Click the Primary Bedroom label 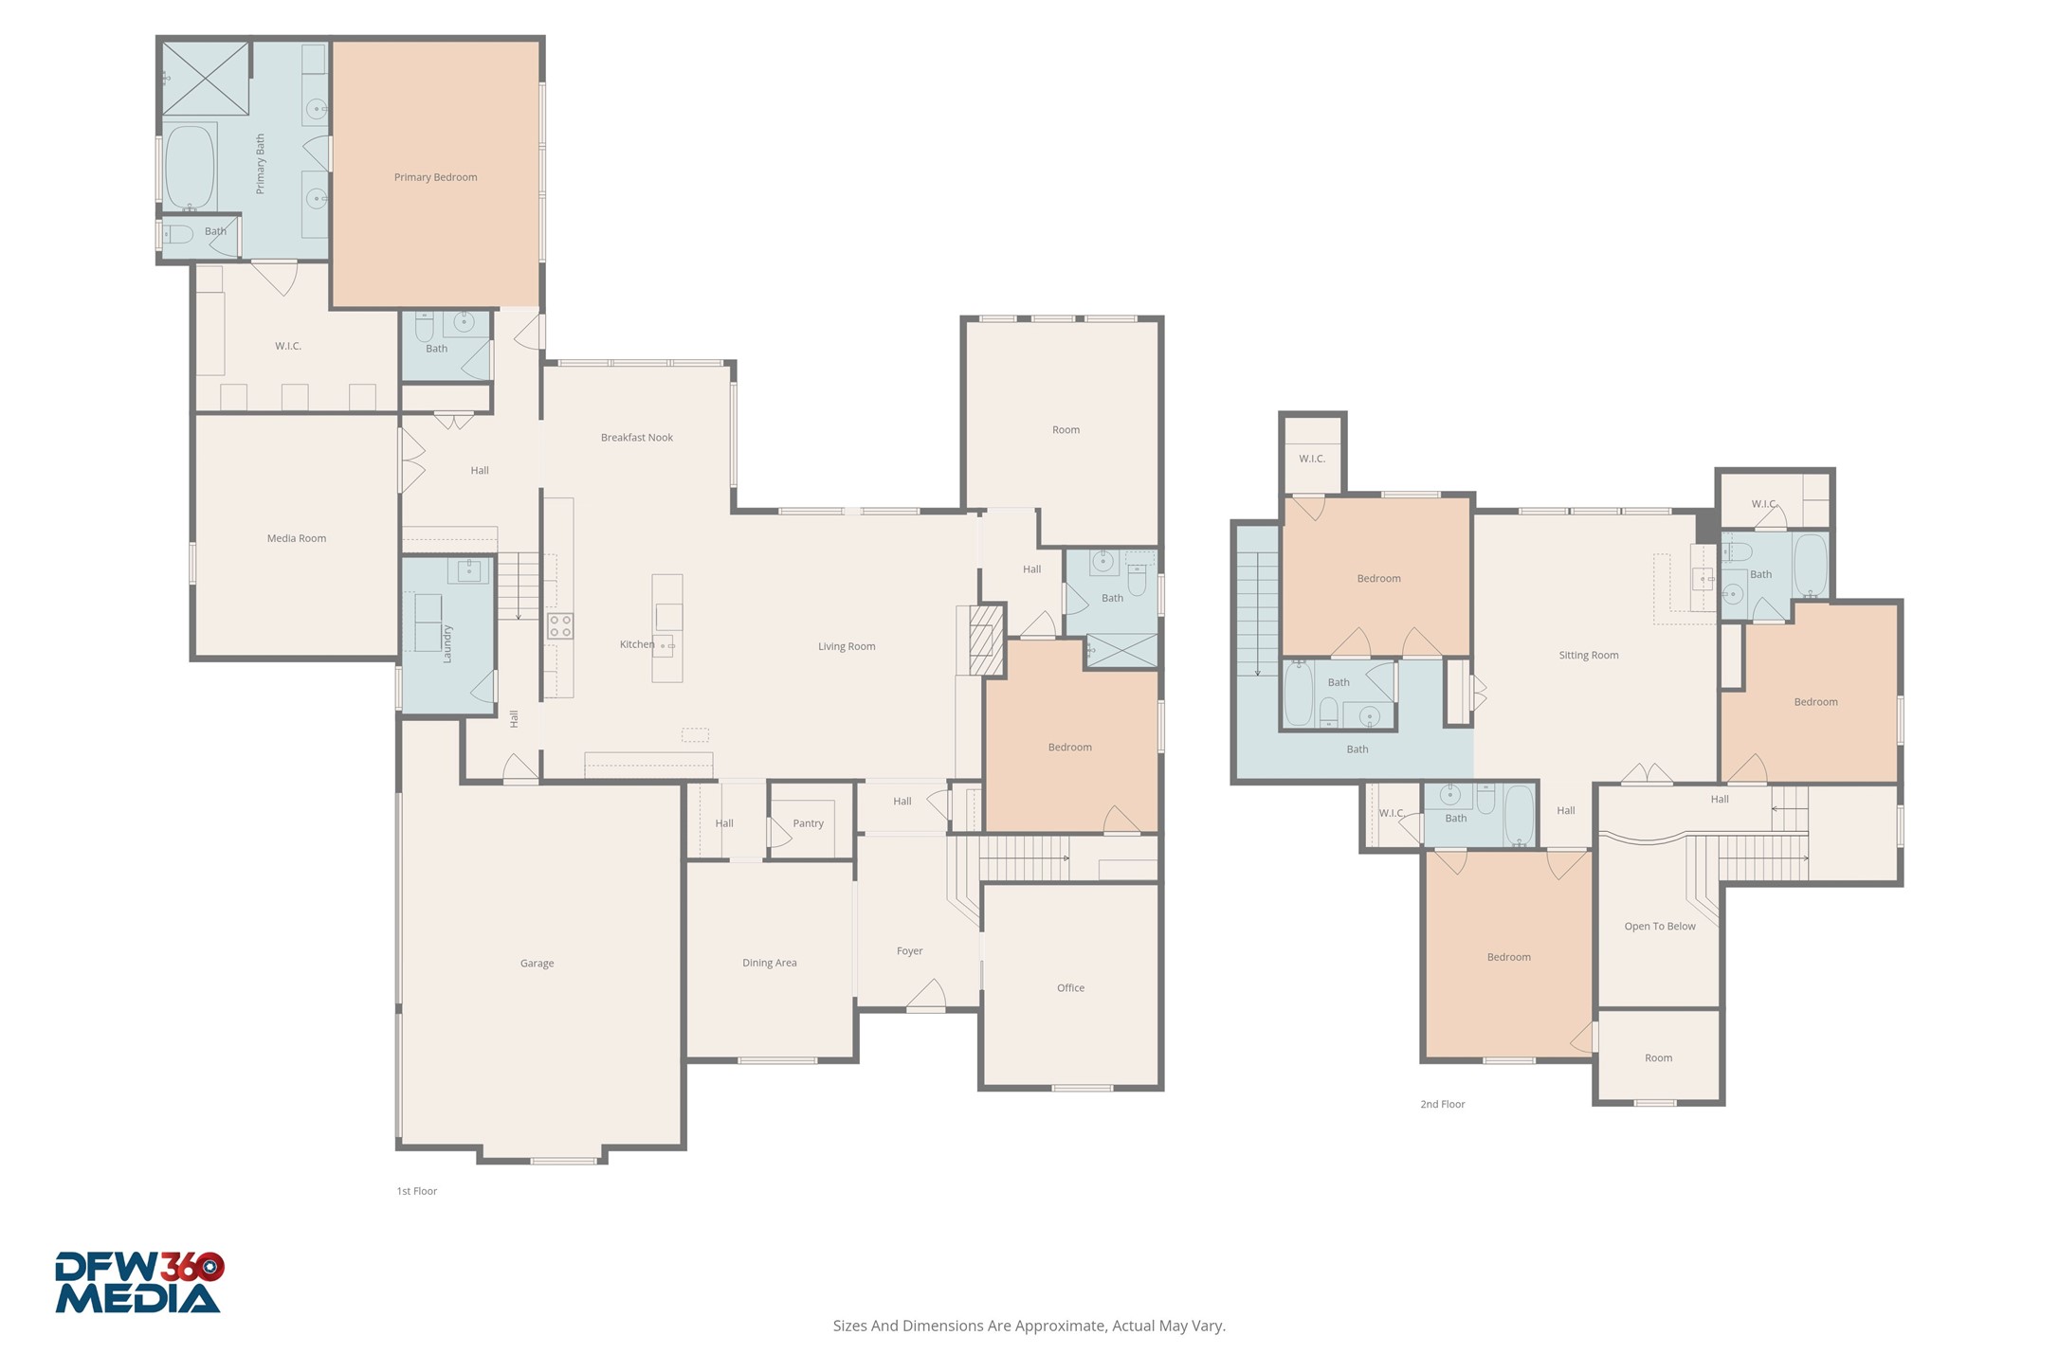click(435, 177)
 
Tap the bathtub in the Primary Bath click(190, 168)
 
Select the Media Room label click(296, 538)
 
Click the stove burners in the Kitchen click(560, 626)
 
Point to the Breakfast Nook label click(637, 438)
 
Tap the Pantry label click(809, 823)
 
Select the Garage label click(537, 964)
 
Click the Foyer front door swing click(926, 995)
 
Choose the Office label click(1070, 988)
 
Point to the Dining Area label click(770, 963)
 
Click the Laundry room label click(447, 643)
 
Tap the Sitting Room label click(1589, 656)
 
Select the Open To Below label click(1660, 927)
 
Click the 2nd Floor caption click(1443, 1104)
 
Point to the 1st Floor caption click(417, 1191)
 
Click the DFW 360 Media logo click(139, 1283)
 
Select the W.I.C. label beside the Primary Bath click(288, 346)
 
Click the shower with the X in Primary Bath click(206, 79)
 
